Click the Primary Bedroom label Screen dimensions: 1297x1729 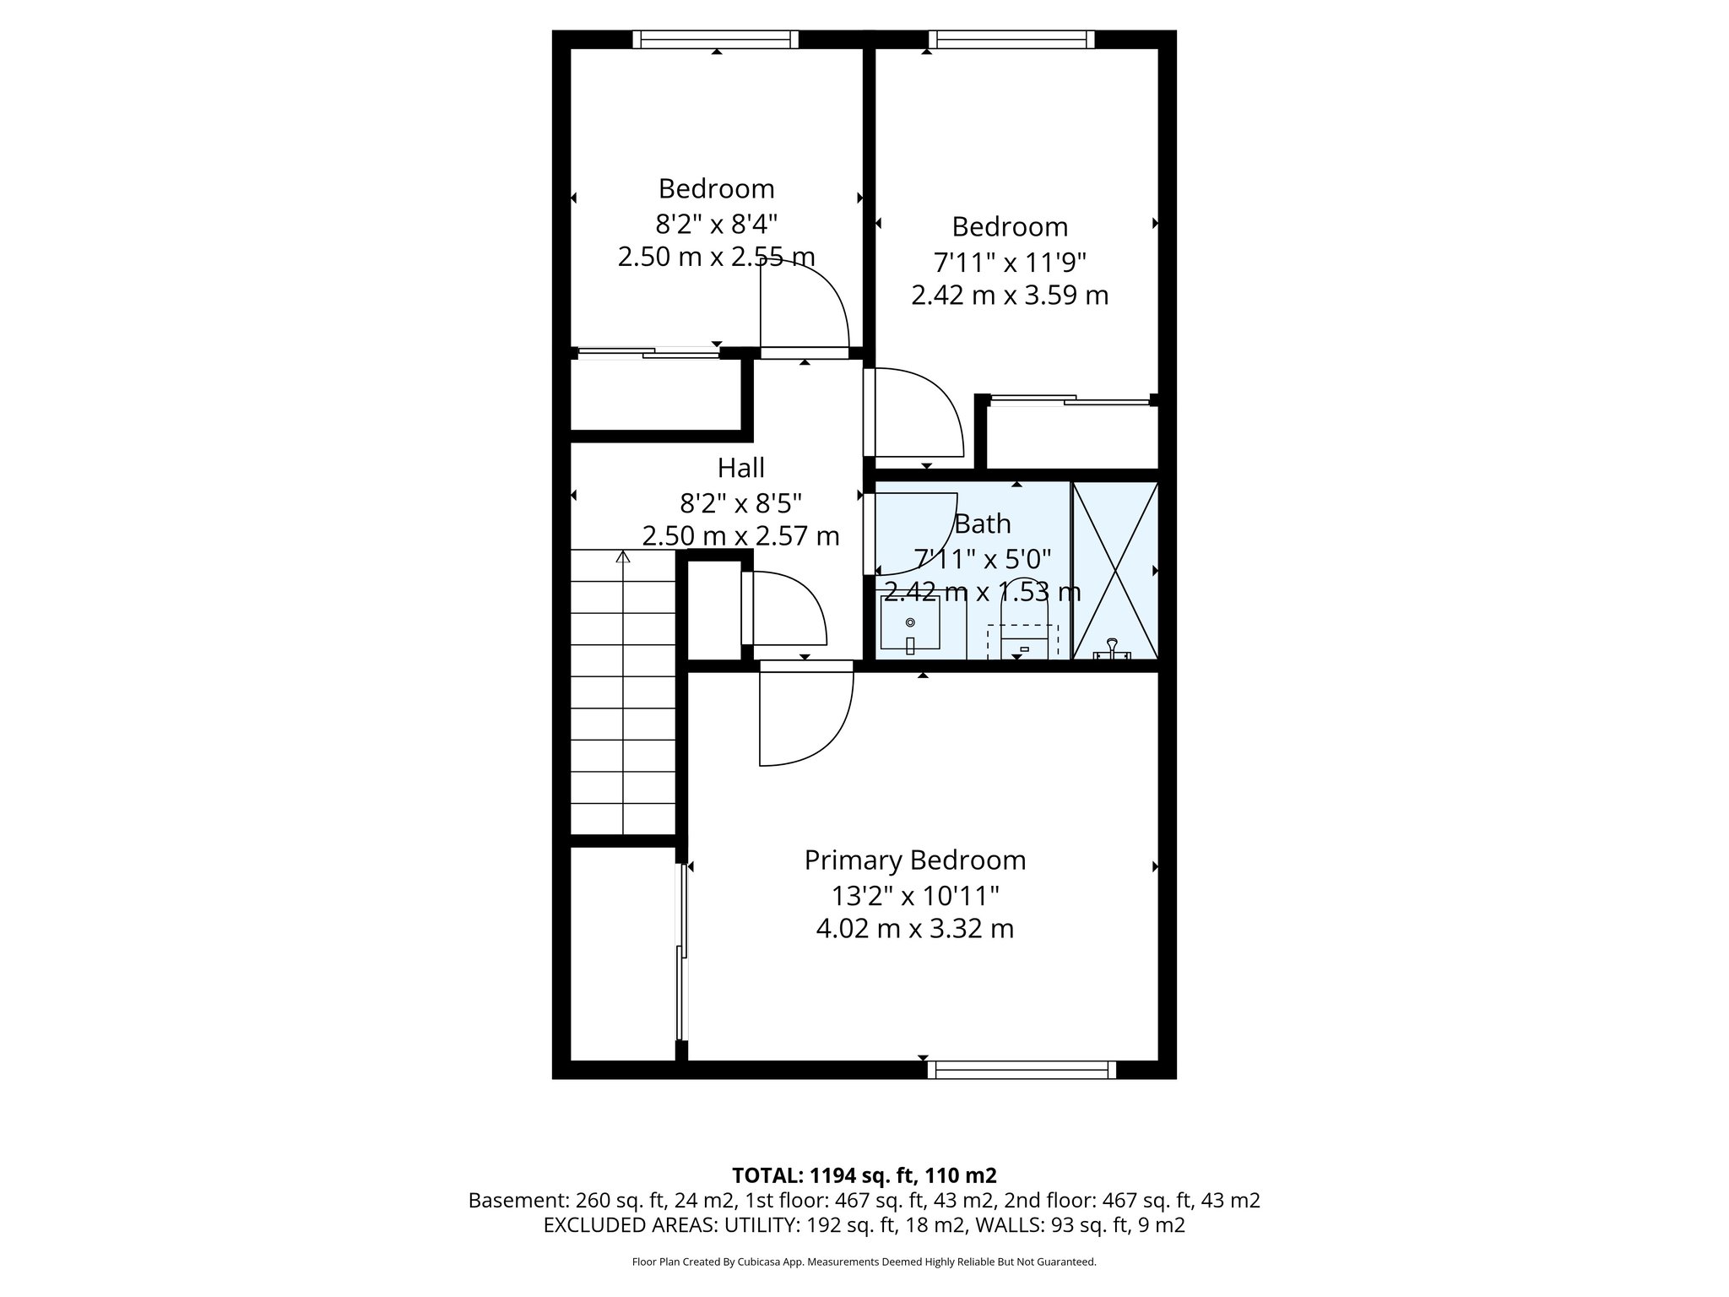pos(914,860)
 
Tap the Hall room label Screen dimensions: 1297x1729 pos(740,467)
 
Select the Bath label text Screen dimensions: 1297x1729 pos(982,524)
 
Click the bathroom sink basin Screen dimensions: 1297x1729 pos(910,623)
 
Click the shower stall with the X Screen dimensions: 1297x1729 pos(1115,571)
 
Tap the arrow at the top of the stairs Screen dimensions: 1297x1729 pos(623,556)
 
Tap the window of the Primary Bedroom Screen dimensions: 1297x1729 pos(1022,1070)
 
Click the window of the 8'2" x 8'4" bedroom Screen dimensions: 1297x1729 pos(715,39)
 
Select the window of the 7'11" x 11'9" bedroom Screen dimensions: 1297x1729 pos(1011,39)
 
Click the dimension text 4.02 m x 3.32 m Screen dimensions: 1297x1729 pos(914,929)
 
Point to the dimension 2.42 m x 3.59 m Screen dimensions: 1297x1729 pos(1010,296)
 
